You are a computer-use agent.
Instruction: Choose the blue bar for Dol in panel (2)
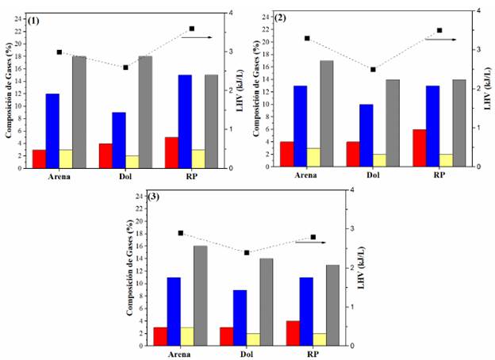point(366,135)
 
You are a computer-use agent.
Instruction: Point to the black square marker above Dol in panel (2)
point(373,70)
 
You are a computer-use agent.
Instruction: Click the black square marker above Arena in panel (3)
point(181,233)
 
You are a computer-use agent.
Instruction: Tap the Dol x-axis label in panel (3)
point(249,354)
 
